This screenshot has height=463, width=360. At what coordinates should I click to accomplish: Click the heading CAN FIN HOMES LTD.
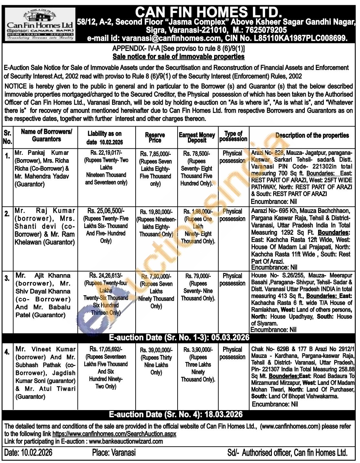coord(208,12)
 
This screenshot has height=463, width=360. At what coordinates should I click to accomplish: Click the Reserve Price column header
coord(155,137)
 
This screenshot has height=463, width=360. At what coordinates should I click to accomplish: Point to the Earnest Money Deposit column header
coord(197,137)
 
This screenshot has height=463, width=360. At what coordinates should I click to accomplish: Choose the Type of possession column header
coord(233,136)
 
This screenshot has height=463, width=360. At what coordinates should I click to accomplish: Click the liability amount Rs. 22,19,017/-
coord(106,153)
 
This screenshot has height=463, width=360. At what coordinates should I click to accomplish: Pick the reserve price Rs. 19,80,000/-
coord(156,212)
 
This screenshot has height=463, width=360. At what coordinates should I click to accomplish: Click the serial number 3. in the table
coord(7,278)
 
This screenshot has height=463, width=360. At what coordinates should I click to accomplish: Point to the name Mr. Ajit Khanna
coord(43,276)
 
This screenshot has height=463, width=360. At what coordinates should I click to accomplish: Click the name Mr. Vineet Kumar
coord(46,349)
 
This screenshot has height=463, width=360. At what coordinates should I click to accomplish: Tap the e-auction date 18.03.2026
coord(223,414)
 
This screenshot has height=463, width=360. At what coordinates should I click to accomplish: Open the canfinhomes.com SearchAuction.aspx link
coord(114,434)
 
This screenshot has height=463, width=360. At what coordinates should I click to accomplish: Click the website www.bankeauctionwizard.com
coord(126,441)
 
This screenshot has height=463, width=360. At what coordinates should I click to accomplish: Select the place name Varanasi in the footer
coord(123,453)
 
